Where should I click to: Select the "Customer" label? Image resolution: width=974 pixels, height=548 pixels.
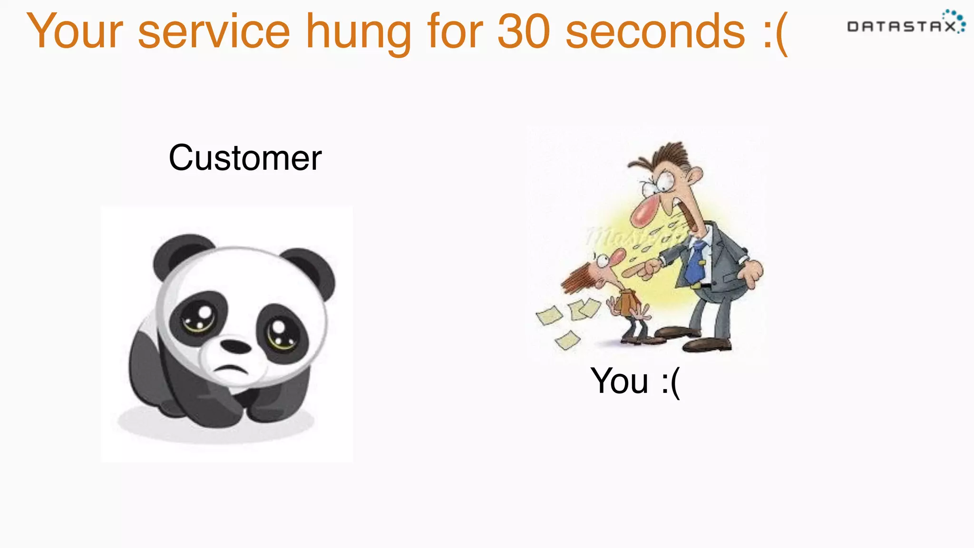[245, 158]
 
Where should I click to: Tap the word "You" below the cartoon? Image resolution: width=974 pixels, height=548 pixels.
[619, 381]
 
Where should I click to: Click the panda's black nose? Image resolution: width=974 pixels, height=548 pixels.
[236, 346]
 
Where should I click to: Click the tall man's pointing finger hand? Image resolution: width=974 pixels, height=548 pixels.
[642, 269]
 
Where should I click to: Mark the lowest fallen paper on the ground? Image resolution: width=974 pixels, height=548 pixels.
[567, 340]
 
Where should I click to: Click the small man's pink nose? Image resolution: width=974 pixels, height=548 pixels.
[617, 257]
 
